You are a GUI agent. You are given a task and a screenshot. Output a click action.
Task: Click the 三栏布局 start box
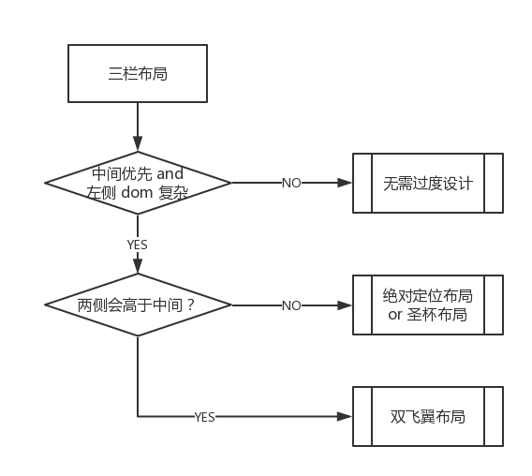point(138,73)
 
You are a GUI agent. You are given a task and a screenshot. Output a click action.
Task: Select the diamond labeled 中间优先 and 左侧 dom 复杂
point(138,183)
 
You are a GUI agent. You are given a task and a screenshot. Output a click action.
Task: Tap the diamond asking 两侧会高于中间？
point(138,305)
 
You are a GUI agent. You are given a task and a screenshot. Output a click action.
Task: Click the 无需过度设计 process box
point(428,183)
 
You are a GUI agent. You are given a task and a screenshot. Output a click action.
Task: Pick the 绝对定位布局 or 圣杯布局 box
point(428,305)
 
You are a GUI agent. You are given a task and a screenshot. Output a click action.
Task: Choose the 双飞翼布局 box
point(428,416)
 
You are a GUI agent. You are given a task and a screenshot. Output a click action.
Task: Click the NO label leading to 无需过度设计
point(291,183)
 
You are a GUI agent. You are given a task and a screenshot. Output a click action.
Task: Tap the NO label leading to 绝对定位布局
point(291,305)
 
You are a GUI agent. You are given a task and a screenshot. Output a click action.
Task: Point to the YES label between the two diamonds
point(138,245)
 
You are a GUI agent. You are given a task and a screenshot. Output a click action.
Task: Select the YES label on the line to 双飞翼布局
point(204,417)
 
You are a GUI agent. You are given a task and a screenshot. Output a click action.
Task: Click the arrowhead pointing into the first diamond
point(138,143)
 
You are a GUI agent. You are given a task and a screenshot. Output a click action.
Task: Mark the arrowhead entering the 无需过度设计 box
point(345,183)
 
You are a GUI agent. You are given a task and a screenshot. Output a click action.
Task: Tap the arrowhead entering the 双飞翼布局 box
point(345,416)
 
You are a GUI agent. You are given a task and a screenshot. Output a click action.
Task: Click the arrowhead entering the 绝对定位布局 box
point(345,305)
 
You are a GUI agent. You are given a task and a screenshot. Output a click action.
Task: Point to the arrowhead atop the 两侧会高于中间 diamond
point(138,266)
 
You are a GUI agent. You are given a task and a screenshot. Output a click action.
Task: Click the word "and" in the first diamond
point(170,174)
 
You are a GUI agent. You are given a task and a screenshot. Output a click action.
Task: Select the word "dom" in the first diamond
point(137,192)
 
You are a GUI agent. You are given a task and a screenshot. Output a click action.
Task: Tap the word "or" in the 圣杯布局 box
point(395,315)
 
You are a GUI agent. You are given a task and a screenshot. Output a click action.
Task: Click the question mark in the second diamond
point(190,305)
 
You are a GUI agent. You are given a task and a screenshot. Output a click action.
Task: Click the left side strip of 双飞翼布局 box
point(362,416)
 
